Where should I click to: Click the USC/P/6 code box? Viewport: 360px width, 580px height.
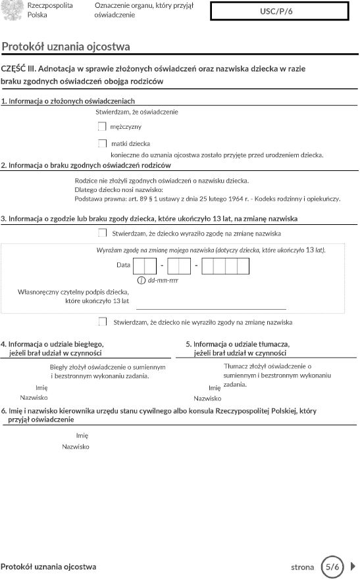[279, 12]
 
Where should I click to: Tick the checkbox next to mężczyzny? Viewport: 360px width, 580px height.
[102, 126]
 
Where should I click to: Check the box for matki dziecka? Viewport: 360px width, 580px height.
[102, 143]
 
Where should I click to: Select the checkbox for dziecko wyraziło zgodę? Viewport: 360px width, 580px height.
[102, 233]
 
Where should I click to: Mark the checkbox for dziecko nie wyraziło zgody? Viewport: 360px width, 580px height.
[102, 322]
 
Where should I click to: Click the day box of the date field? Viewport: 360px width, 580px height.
[145, 266]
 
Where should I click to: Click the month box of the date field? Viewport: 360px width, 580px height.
[179, 266]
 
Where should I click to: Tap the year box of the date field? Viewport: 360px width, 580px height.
[225, 266]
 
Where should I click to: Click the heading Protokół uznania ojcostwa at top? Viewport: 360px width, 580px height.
[66, 47]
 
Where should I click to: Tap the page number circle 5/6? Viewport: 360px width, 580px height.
[333, 566]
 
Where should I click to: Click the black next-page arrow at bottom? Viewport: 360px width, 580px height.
[353, 566]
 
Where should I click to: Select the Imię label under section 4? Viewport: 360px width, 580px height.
[41, 387]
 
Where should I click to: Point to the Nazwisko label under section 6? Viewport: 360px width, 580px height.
[76, 447]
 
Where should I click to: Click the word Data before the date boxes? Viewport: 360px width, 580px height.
[123, 264]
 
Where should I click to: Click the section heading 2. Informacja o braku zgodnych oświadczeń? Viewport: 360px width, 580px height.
[86, 165]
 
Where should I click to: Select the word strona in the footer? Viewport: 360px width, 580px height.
[303, 567]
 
